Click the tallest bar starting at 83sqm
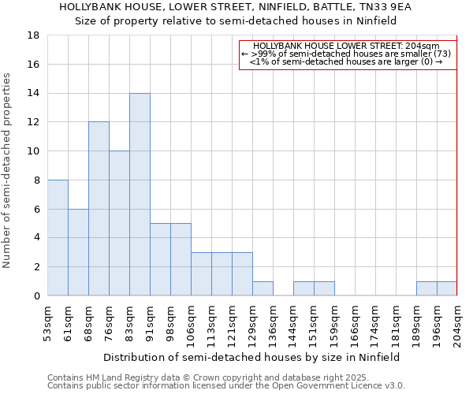pos(140,195)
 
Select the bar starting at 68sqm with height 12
pos(99,209)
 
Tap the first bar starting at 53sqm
pos(58,238)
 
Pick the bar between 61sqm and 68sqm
pos(78,252)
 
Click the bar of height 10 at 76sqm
pos(119,223)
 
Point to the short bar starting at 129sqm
pos(263,288)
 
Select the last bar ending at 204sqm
pos(447,288)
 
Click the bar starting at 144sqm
pos(304,288)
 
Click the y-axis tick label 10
pos(34,151)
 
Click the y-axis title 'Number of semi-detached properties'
pos(7,170)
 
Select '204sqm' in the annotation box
pos(423,46)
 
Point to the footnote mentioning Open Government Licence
pos(226,386)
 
